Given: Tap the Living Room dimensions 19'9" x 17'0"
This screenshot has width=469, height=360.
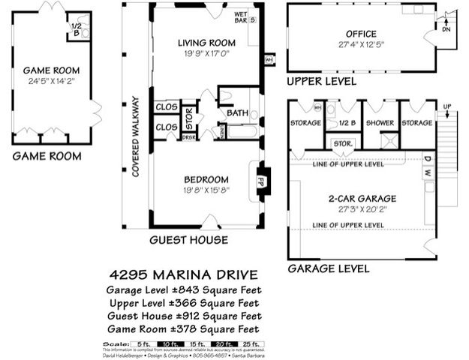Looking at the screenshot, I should click(206, 54).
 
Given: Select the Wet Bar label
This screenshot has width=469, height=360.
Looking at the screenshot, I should click(242, 16).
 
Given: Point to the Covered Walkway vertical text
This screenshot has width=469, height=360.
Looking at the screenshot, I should click(136, 136).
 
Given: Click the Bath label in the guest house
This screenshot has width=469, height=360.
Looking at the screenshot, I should click(236, 113).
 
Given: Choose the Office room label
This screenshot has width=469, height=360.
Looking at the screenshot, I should click(361, 34).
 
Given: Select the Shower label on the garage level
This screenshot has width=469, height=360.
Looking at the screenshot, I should click(380, 123).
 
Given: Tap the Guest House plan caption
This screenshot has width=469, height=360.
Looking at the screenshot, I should click(188, 240).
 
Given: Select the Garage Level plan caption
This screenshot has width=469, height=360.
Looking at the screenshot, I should click(328, 268).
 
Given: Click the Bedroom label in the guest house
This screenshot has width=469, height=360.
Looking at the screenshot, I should click(206, 180).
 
